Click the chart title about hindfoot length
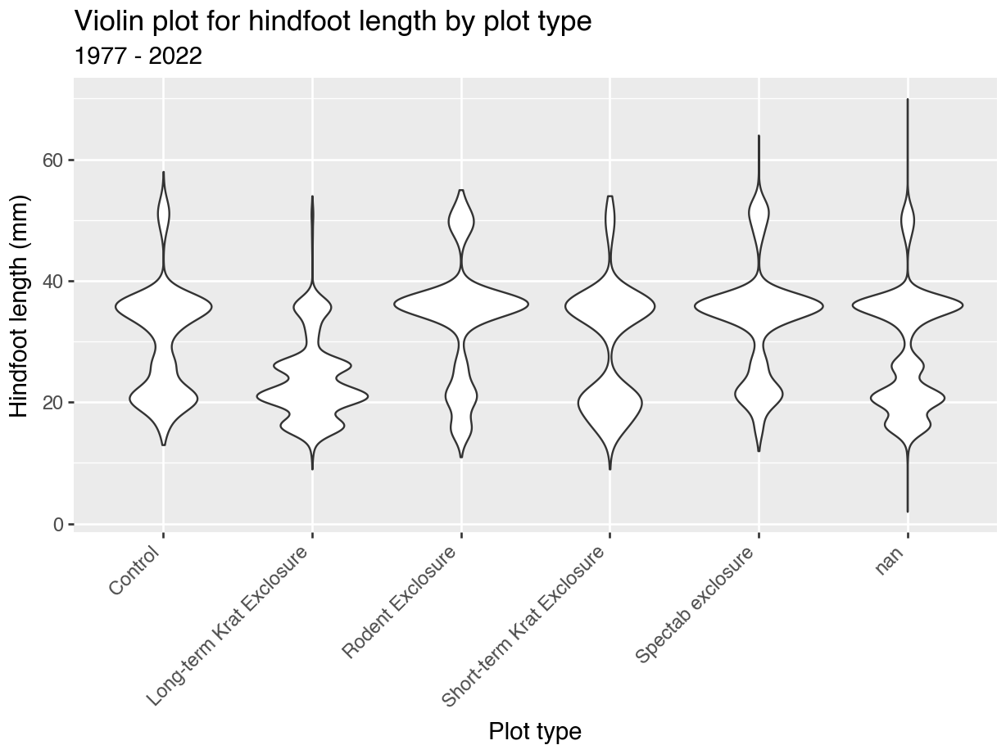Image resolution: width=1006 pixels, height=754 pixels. [x=333, y=21]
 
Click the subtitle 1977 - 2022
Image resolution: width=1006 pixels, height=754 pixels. [x=138, y=56]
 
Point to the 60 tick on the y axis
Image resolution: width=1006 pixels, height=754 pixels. [x=52, y=160]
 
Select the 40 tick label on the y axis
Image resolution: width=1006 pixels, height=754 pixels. [x=52, y=282]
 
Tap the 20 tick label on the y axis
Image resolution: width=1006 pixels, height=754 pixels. [x=52, y=403]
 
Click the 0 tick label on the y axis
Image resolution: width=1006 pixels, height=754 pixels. [x=57, y=525]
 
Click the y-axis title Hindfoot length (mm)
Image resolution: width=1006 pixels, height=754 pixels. [x=19, y=306]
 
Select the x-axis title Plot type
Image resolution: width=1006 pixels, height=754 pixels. [x=535, y=731]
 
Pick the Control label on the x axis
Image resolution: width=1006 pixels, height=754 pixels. [x=134, y=571]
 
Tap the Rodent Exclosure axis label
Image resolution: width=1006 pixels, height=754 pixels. [x=400, y=602]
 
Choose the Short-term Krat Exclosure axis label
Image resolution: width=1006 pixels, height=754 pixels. [x=523, y=627]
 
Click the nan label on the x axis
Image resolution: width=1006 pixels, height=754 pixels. [x=890, y=560]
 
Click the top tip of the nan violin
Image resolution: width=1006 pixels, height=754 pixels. [x=908, y=99]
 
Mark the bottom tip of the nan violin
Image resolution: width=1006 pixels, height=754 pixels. [x=908, y=512]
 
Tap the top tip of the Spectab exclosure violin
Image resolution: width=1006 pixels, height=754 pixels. [x=759, y=136]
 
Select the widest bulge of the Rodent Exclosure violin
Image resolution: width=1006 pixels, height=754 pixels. [x=461, y=304]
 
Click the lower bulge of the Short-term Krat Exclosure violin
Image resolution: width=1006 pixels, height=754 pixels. [x=610, y=403]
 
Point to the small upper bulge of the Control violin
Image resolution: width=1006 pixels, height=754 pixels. [x=164, y=214]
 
